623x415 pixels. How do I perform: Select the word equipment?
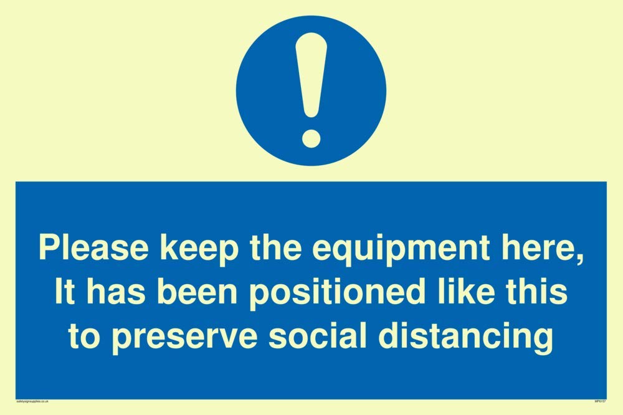tap(398, 249)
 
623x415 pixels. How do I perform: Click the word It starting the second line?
tap(63, 292)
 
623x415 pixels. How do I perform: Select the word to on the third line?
tap(82, 337)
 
